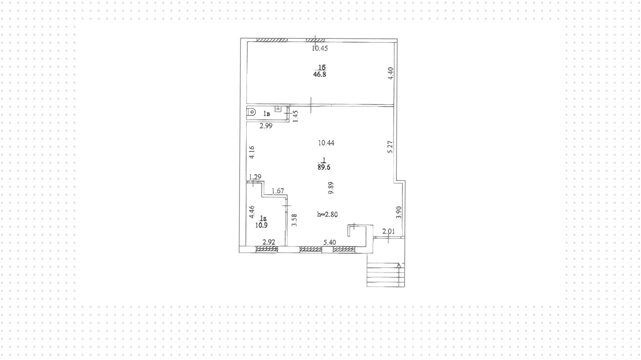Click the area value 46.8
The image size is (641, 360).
(x=319, y=74)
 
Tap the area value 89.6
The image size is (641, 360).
(x=324, y=167)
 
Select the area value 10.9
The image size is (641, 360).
(x=261, y=225)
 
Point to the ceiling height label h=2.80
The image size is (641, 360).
(x=327, y=214)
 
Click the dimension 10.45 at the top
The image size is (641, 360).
(x=320, y=48)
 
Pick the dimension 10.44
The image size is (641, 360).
(x=326, y=143)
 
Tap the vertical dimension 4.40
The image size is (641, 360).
(x=391, y=73)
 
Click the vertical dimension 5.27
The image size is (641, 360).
(x=390, y=147)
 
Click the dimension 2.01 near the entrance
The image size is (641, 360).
(x=389, y=231)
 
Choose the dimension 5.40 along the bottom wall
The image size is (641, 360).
(x=330, y=242)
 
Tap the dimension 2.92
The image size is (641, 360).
(x=269, y=242)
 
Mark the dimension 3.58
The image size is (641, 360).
(x=294, y=220)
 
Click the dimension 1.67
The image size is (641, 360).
(x=278, y=191)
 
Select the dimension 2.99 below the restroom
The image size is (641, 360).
(x=266, y=126)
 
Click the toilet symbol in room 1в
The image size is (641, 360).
(x=251, y=112)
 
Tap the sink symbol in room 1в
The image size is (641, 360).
(x=278, y=109)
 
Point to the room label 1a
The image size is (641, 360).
(x=263, y=219)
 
